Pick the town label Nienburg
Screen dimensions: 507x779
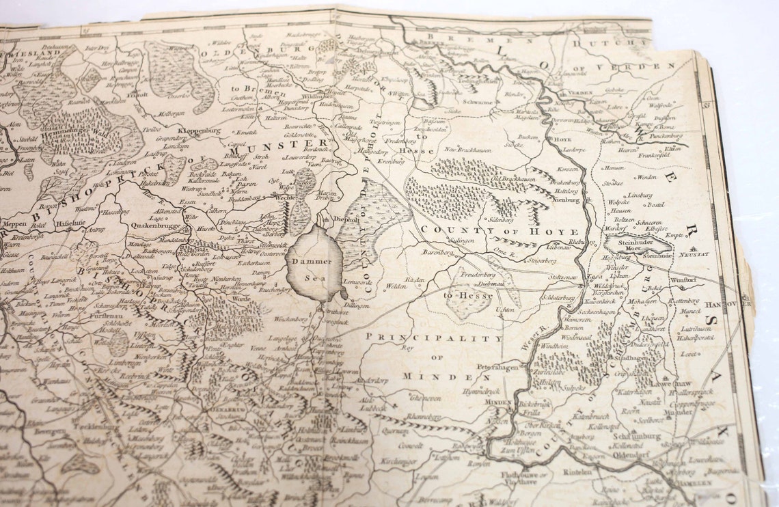click(564, 200)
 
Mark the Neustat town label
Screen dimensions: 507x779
click(696, 253)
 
